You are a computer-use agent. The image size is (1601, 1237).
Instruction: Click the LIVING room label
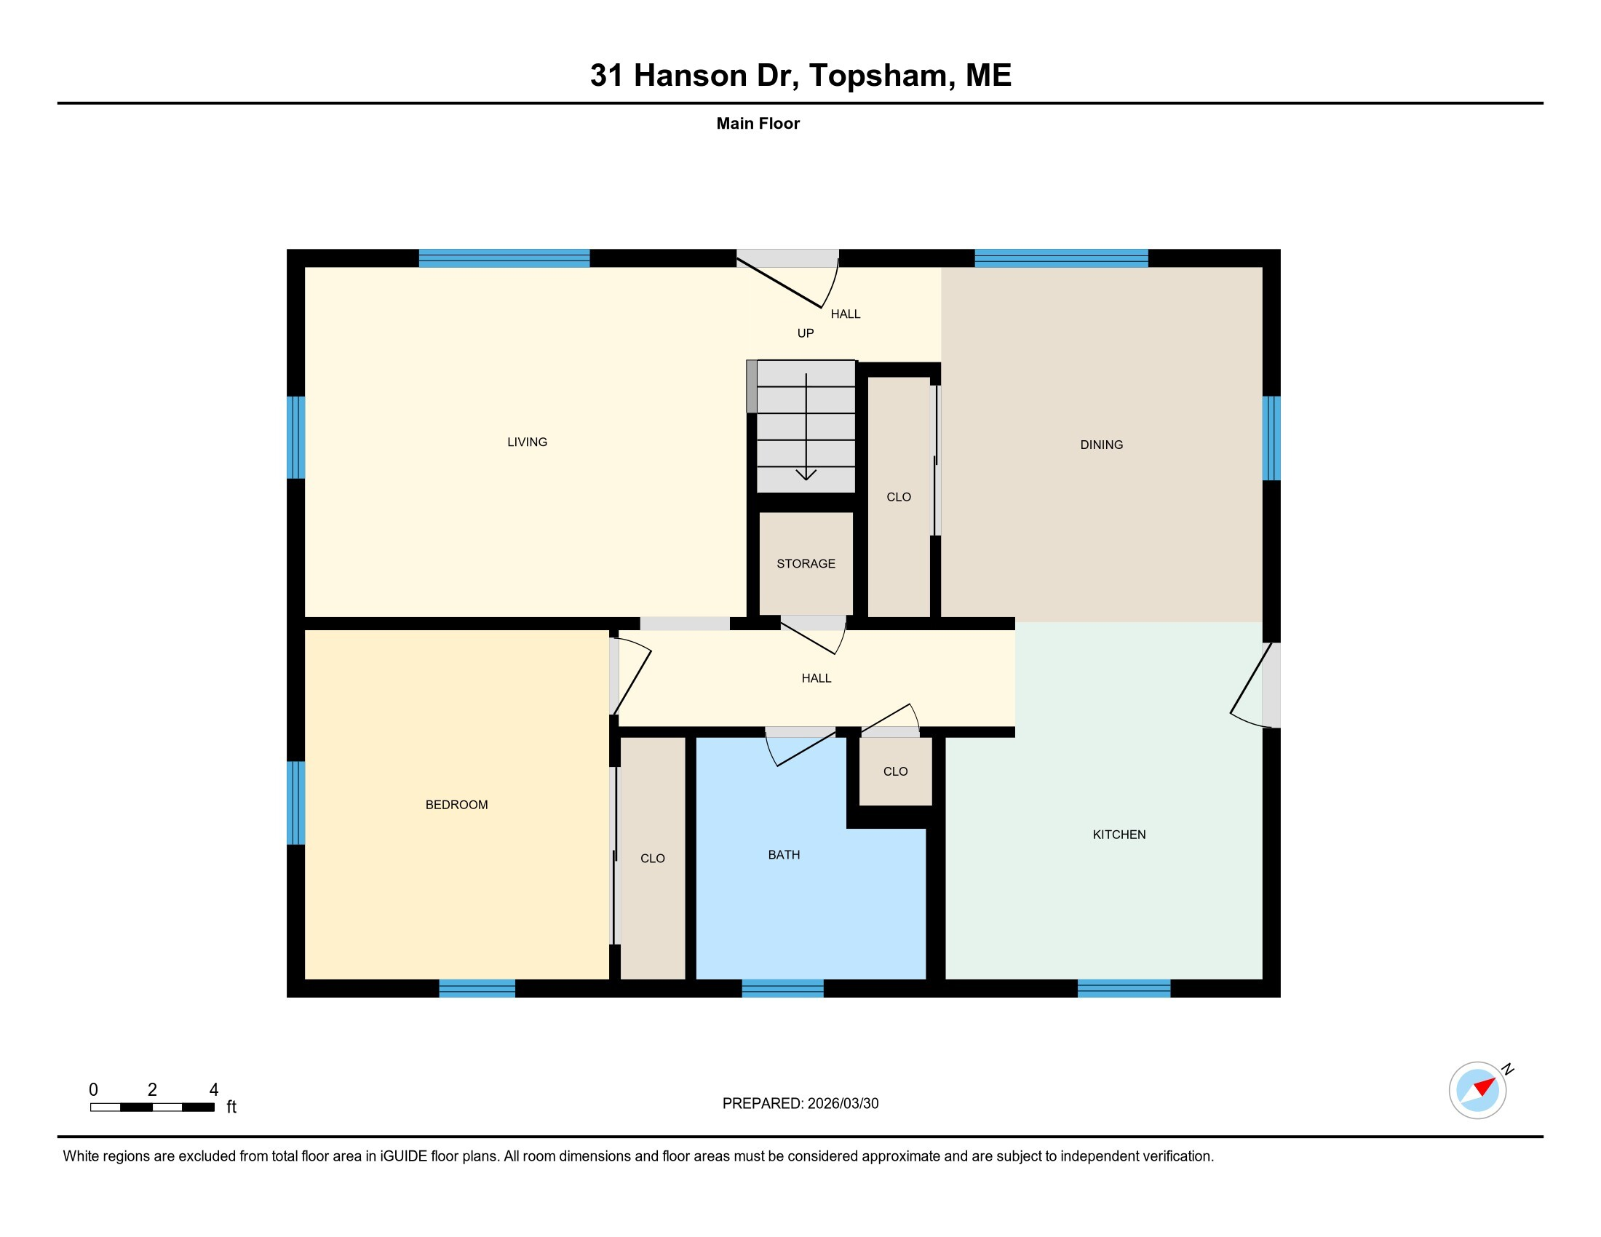tap(527, 442)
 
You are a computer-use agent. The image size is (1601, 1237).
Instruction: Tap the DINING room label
tap(1101, 445)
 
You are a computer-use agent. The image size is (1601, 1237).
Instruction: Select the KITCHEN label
tap(1119, 835)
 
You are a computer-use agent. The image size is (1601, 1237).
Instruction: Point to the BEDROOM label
tap(456, 805)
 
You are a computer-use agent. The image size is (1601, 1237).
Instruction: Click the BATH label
tap(784, 855)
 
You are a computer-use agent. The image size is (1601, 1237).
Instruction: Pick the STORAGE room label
tap(806, 563)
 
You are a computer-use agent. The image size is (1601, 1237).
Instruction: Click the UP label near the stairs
tap(806, 333)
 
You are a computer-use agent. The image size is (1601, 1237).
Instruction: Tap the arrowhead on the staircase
tap(806, 476)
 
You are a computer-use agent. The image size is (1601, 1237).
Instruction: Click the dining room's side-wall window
tap(1271, 438)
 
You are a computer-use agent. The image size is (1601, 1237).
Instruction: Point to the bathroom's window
tap(782, 988)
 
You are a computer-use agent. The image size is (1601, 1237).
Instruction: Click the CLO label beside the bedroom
tap(653, 859)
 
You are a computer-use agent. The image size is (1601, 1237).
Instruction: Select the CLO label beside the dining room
tap(898, 498)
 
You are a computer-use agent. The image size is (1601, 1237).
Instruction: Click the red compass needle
tap(1485, 1086)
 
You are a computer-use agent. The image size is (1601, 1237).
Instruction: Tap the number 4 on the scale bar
tap(214, 1090)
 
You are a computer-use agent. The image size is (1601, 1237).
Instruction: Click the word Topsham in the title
tap(878, 76)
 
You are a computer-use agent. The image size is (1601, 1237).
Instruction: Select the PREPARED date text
tap(800, 1104)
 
